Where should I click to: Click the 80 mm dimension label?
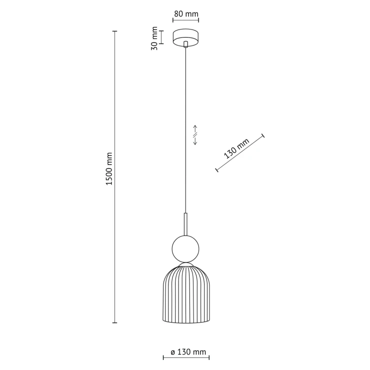point(186,13)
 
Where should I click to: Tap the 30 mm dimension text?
point(154,38)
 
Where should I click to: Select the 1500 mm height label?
point(109,168)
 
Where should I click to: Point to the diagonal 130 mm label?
point(236,148)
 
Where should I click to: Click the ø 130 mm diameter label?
point(188,352)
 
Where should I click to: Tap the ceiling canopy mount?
point(185,38)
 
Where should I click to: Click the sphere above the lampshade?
point(185,248)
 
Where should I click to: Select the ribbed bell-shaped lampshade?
point(186,294)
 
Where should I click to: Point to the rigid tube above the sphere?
point(185,224)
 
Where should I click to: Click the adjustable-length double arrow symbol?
point(195,135)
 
